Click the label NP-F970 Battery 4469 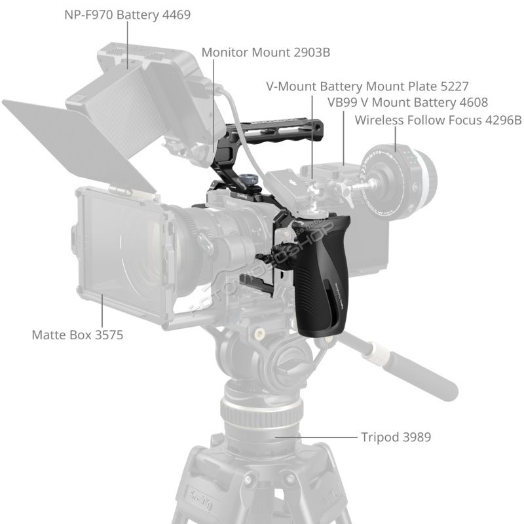pyautogui.click(x=127, y=14)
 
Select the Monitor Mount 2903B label pyautogui.click(x=266, y=52)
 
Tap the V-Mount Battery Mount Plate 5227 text pyautogui.click(x=367, y=86)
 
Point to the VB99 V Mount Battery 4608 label pyautogui.click(x=407, y=102)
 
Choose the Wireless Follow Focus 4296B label pyautogui.click(x=438, y=120)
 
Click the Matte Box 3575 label pyautogui.click(x=77, y=335)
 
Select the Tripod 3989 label pyautogui.click(x=396, y=437)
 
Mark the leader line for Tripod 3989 pyautogui.click(x=316, y=437)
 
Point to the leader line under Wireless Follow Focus pyautogui.click(x=396, y=140)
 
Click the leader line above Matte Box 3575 pyautogui.click(x=102, y=310)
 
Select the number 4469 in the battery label pyautogui.click(x=176, y=14)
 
